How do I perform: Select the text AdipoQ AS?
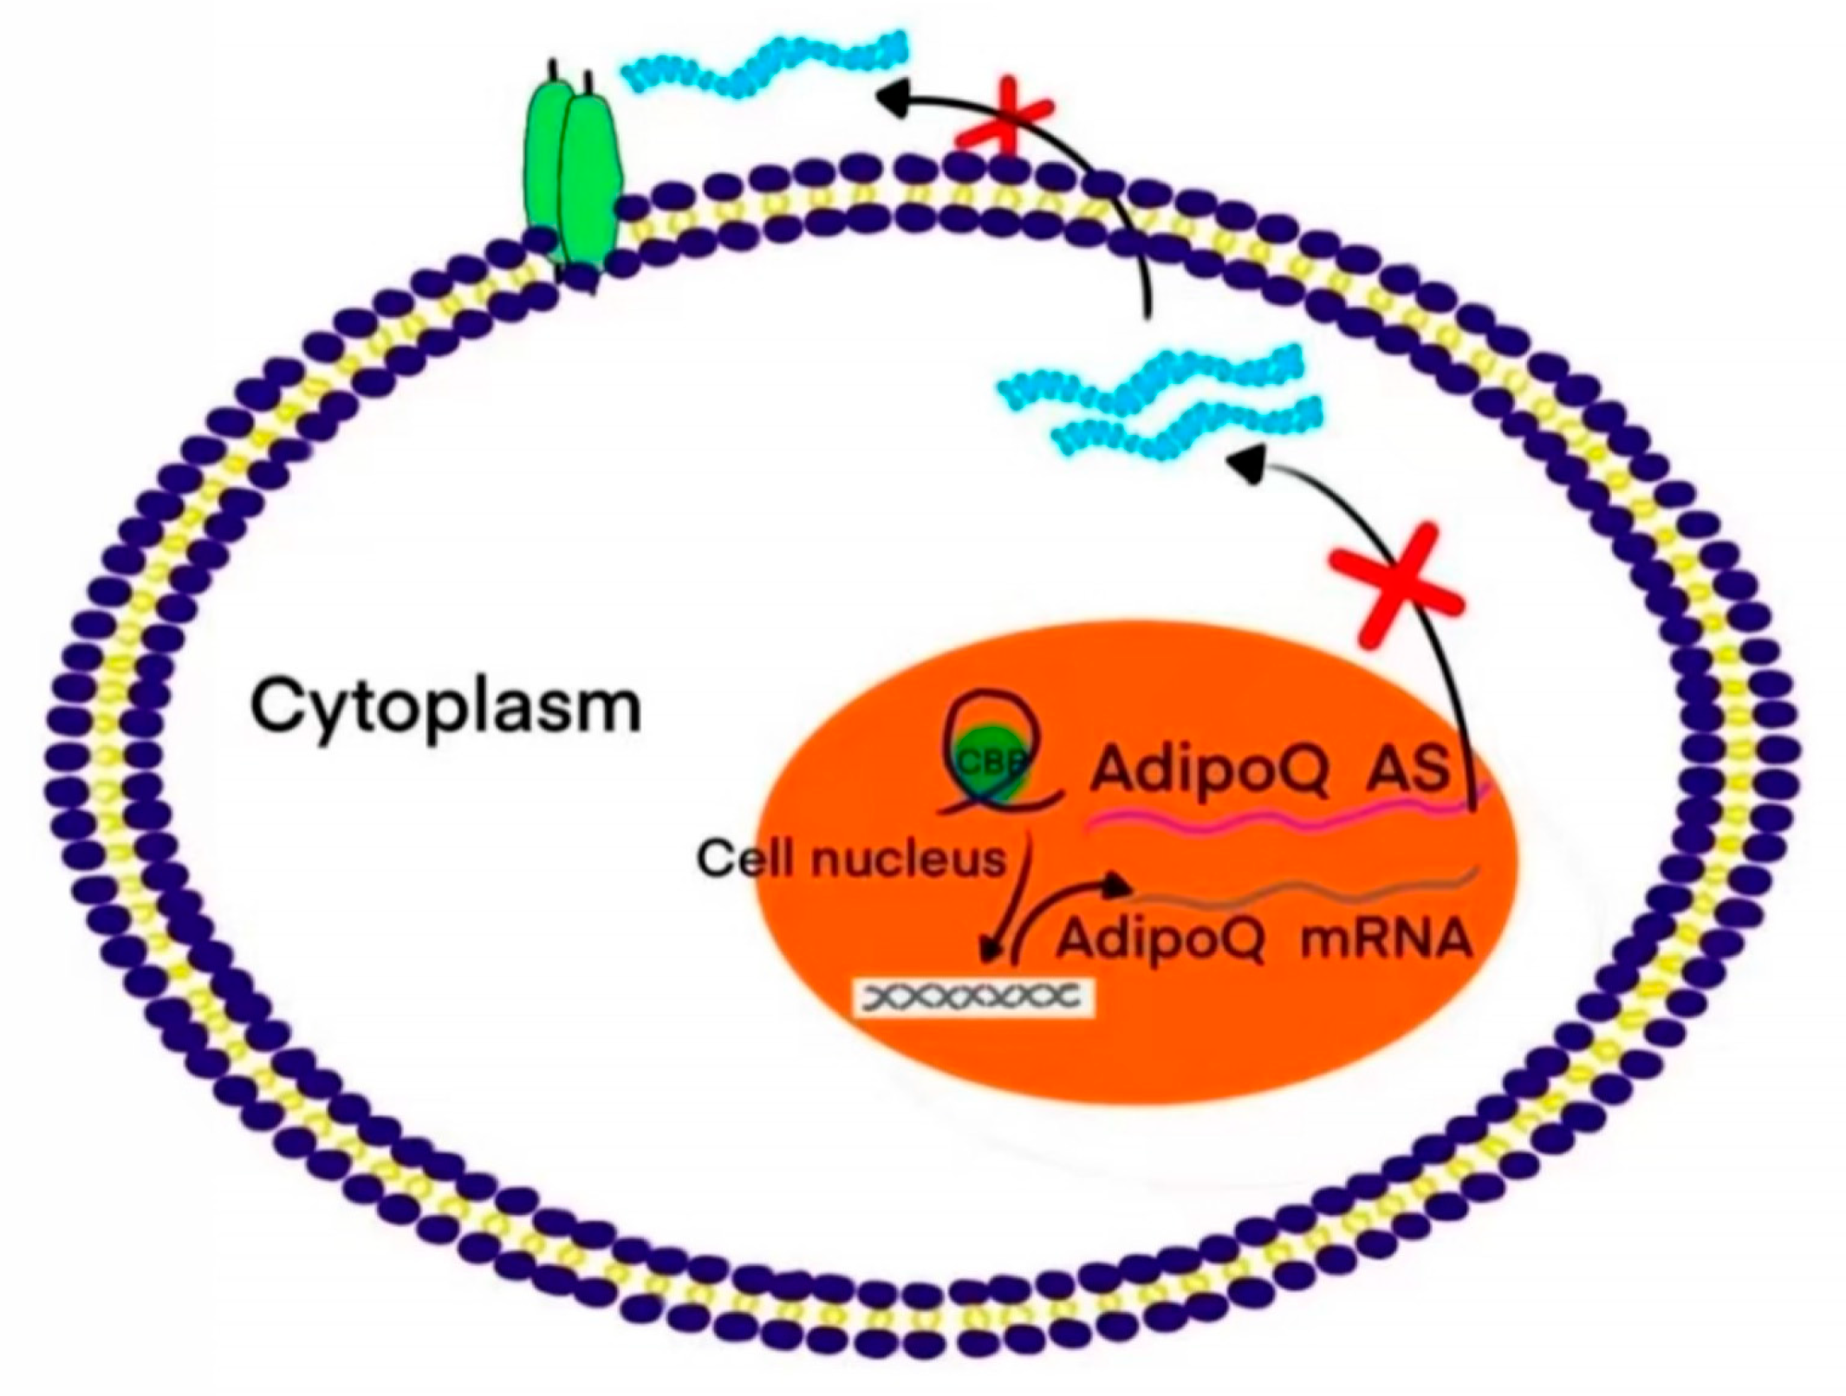point(1269,769)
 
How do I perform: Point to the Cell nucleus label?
point(851,861)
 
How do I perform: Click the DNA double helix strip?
point(974,997)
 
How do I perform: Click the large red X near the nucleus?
point(1396,589)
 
